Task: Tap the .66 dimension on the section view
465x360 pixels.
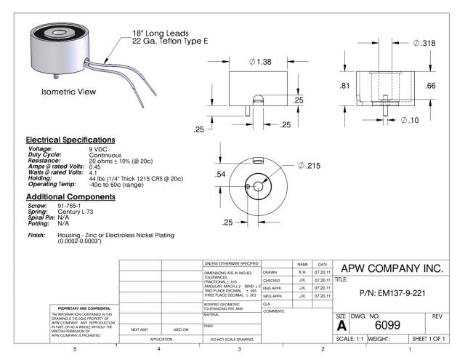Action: (x=429, y=86)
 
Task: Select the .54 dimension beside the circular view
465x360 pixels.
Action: (x=221, y=175)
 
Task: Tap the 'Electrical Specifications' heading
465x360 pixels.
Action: (x=70, y=139)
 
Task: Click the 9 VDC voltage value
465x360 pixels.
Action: (x=99, y=148)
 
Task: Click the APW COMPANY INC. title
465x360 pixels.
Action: (x=392, y=268)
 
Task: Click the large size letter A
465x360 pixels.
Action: (x=341, y=326)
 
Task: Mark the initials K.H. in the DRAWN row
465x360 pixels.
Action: (x=303, y=271)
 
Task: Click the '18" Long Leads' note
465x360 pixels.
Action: (x=161, y=33)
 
